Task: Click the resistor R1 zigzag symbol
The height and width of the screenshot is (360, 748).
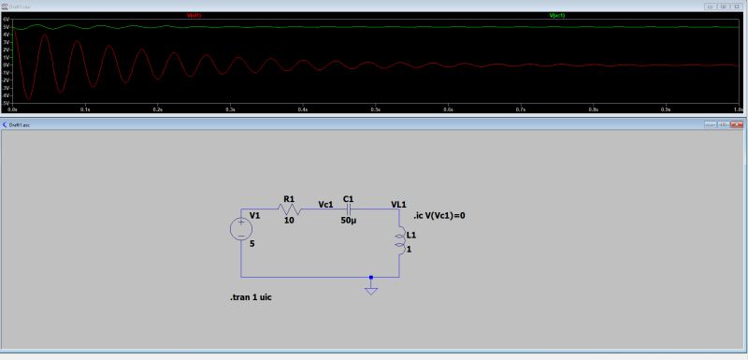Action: coord(289,209)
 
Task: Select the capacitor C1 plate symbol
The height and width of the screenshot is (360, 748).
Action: coord(348,209)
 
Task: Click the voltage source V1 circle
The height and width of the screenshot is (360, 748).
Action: coord(241,228)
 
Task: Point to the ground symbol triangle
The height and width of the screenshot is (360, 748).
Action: coord(371,290)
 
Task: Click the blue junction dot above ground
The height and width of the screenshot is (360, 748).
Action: coord(371,277)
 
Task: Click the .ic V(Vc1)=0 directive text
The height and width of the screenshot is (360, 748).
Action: coord(439,216)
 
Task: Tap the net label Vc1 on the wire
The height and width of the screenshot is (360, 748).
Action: coord(325,203)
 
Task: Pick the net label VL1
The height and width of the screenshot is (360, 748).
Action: coord(398,204)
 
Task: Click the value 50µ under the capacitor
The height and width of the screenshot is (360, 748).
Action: coord(348,221)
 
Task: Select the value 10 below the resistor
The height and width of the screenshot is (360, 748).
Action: coord(289,221)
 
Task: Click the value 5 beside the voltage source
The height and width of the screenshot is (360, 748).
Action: coord(252,243)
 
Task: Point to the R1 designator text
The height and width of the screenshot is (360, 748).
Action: coord(289,198)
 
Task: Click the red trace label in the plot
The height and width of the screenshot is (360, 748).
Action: coord(194,16)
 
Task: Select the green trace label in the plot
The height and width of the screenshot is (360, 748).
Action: coord(556,16)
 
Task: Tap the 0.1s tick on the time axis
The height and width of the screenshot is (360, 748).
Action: coord(85,109)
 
